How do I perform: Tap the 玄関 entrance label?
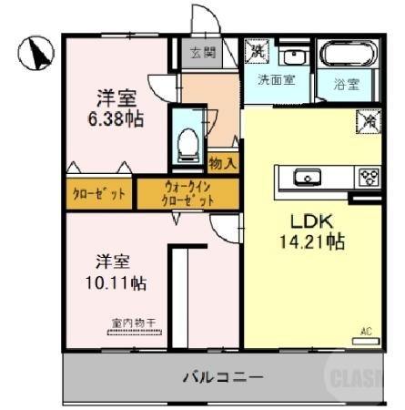[202, 53]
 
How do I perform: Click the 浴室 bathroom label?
[345, 86]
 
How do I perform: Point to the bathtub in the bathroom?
[344, 53]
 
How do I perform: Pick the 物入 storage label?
[223, 164]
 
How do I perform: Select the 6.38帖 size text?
[116, 118]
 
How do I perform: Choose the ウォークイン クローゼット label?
[188, 193]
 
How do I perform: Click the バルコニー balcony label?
[222, 376]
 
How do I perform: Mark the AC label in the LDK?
[367, 331]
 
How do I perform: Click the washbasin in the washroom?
[293, 56]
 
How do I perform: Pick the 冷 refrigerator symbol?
[370, 118]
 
